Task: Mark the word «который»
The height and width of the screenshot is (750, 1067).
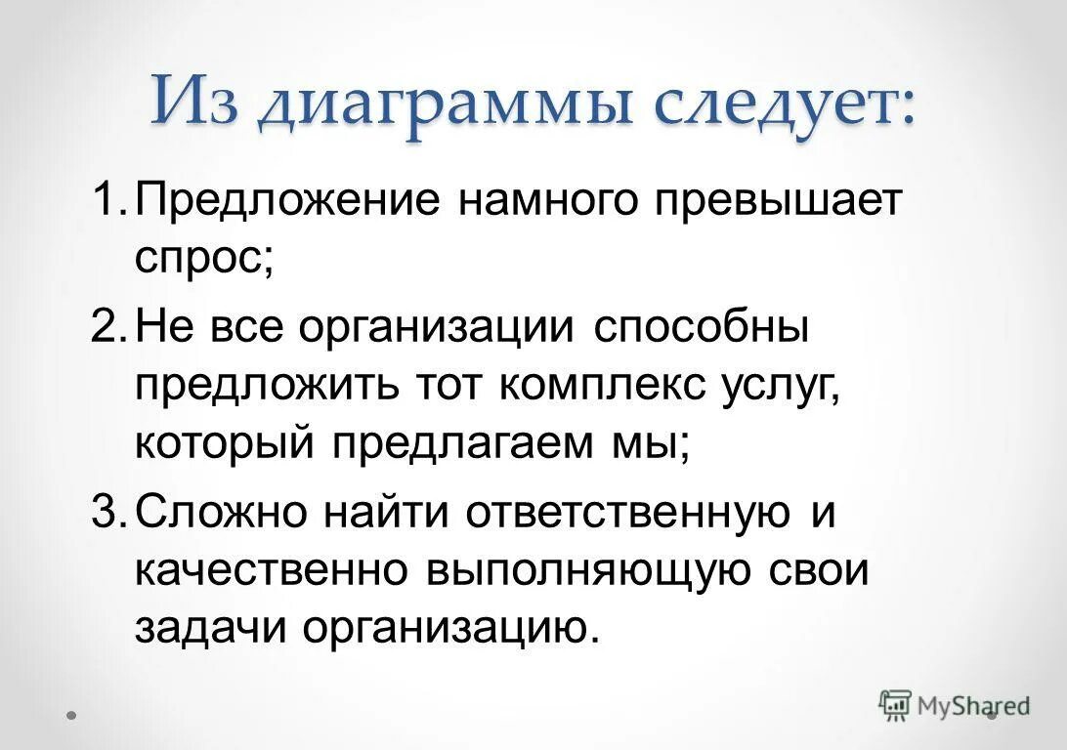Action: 225,445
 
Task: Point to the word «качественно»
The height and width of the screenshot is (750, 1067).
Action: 270,571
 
